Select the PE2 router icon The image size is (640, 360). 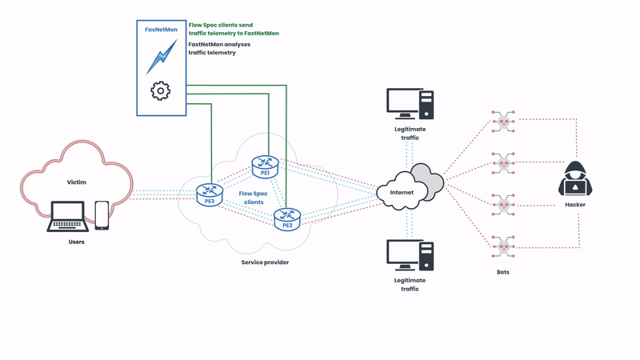286,218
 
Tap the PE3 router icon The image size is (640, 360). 210,194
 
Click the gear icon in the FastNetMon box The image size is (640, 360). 161,90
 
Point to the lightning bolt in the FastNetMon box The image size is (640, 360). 161,57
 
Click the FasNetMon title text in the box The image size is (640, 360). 161,30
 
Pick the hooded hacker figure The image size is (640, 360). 574,178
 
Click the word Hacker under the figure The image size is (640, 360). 574,205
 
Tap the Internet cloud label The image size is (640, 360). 402,193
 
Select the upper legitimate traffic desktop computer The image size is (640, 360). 410,104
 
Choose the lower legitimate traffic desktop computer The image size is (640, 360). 410,255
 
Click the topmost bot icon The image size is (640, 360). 502,122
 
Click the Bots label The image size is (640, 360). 502,272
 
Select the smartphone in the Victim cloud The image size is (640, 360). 102,214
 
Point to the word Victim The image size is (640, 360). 76,182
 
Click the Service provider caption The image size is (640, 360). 265,262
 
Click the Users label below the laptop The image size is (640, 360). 76,242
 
